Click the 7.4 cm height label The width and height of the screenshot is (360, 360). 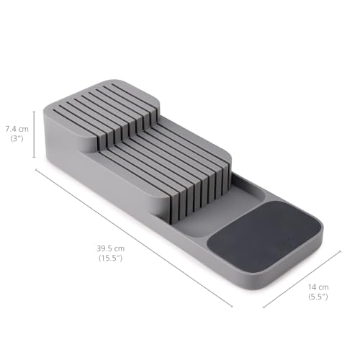(17, 129)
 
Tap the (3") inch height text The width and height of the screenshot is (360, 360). (17, 139)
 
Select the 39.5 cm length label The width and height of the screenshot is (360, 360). (111, 248)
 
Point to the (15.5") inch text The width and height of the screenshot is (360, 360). (111, 258)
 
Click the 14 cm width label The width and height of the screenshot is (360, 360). (318, 287)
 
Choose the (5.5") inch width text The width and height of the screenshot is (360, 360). (318, 297)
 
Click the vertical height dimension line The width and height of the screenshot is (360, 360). (34, 135)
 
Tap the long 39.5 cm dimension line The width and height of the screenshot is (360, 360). (134, 238)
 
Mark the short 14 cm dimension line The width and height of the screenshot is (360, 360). (302, 279)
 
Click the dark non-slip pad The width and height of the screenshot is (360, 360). (264, 236)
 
